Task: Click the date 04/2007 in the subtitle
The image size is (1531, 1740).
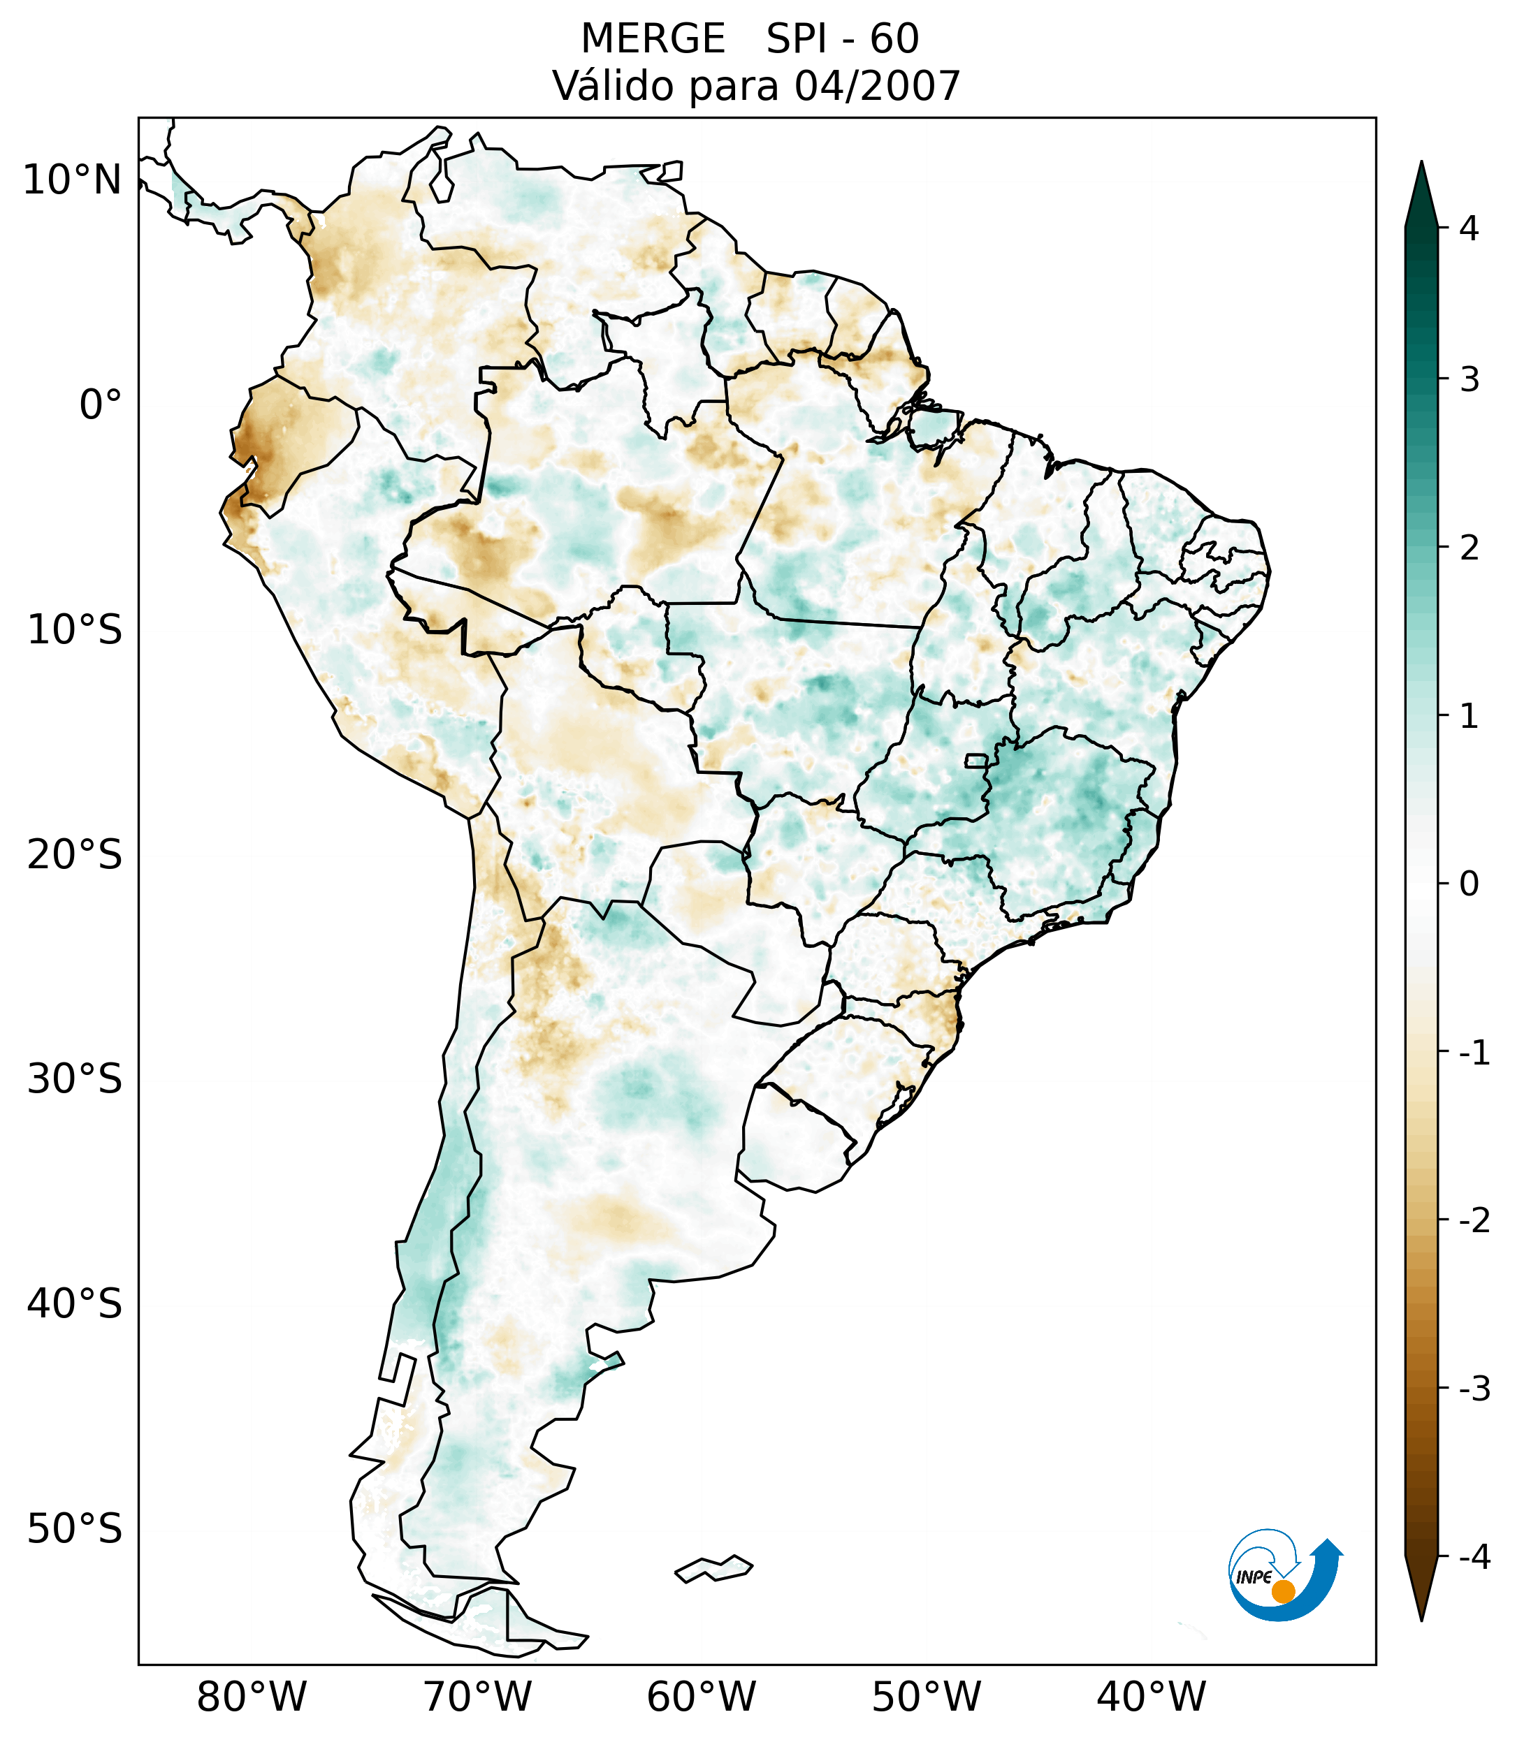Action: (877, 87)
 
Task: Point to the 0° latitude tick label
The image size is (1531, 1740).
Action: (101, 405)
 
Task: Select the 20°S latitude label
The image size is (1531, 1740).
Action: (75, 856)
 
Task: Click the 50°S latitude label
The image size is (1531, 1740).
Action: (75, 1530)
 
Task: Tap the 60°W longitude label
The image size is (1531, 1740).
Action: (701, 1697)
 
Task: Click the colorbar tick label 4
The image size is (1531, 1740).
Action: (1469, 228)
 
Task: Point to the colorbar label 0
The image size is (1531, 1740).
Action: (1469, 884)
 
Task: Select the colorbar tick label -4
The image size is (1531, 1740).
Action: (1474, 1558)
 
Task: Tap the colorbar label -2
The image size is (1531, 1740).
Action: (1474, 1221)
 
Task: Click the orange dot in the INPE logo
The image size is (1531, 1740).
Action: (1282, 1591)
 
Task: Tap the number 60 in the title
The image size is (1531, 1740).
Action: (894, 39)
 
